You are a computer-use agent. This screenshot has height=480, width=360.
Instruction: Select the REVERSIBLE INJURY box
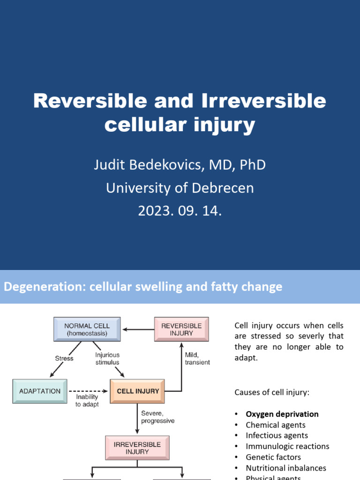coord(181,329)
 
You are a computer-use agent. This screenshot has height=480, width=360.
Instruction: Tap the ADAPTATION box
coord(40,391)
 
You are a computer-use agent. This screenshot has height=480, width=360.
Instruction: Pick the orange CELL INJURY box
coord(138,391)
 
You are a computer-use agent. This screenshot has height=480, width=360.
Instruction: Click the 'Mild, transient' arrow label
coord(197,359)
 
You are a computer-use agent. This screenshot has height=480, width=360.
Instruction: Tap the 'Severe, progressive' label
coord(157,417)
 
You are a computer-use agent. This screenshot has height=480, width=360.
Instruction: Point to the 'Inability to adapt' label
coord(87,401)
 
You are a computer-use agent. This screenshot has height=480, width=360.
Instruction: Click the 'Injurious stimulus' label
coord(107,359)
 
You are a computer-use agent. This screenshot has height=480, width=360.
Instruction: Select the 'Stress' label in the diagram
coord(64,359)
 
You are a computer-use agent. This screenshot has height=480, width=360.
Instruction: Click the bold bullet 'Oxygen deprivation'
coord(282,414)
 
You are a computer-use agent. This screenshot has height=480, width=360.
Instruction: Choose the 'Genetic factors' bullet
coord(273,457)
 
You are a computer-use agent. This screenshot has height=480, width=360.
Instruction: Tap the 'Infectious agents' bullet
coord(277,435)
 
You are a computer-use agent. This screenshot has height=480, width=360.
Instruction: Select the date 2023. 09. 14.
coord(180,210)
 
